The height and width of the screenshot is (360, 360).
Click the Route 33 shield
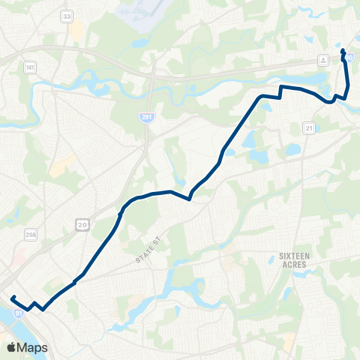67,15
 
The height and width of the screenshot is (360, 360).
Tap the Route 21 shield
308,128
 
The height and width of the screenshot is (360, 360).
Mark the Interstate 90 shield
349,57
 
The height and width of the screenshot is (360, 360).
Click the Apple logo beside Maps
11,347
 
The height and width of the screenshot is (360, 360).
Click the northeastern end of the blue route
343,50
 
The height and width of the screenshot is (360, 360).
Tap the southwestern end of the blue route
13,298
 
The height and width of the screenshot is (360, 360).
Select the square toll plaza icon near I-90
322,58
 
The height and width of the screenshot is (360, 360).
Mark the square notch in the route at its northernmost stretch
280,91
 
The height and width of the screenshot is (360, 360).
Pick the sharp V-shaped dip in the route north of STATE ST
189,199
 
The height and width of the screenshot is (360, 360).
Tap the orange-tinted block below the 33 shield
76,30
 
